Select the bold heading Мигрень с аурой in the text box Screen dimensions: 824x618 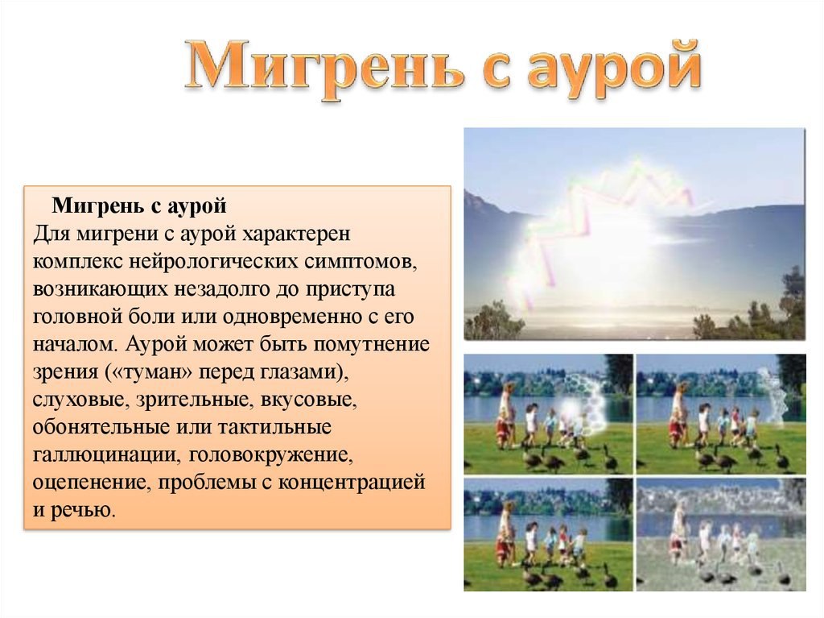click(139, 205)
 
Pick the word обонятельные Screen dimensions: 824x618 click(101, 427)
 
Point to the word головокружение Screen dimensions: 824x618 click(270, 454)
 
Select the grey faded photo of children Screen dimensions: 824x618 click(720, 534)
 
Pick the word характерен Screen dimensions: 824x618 click(296, 234)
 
